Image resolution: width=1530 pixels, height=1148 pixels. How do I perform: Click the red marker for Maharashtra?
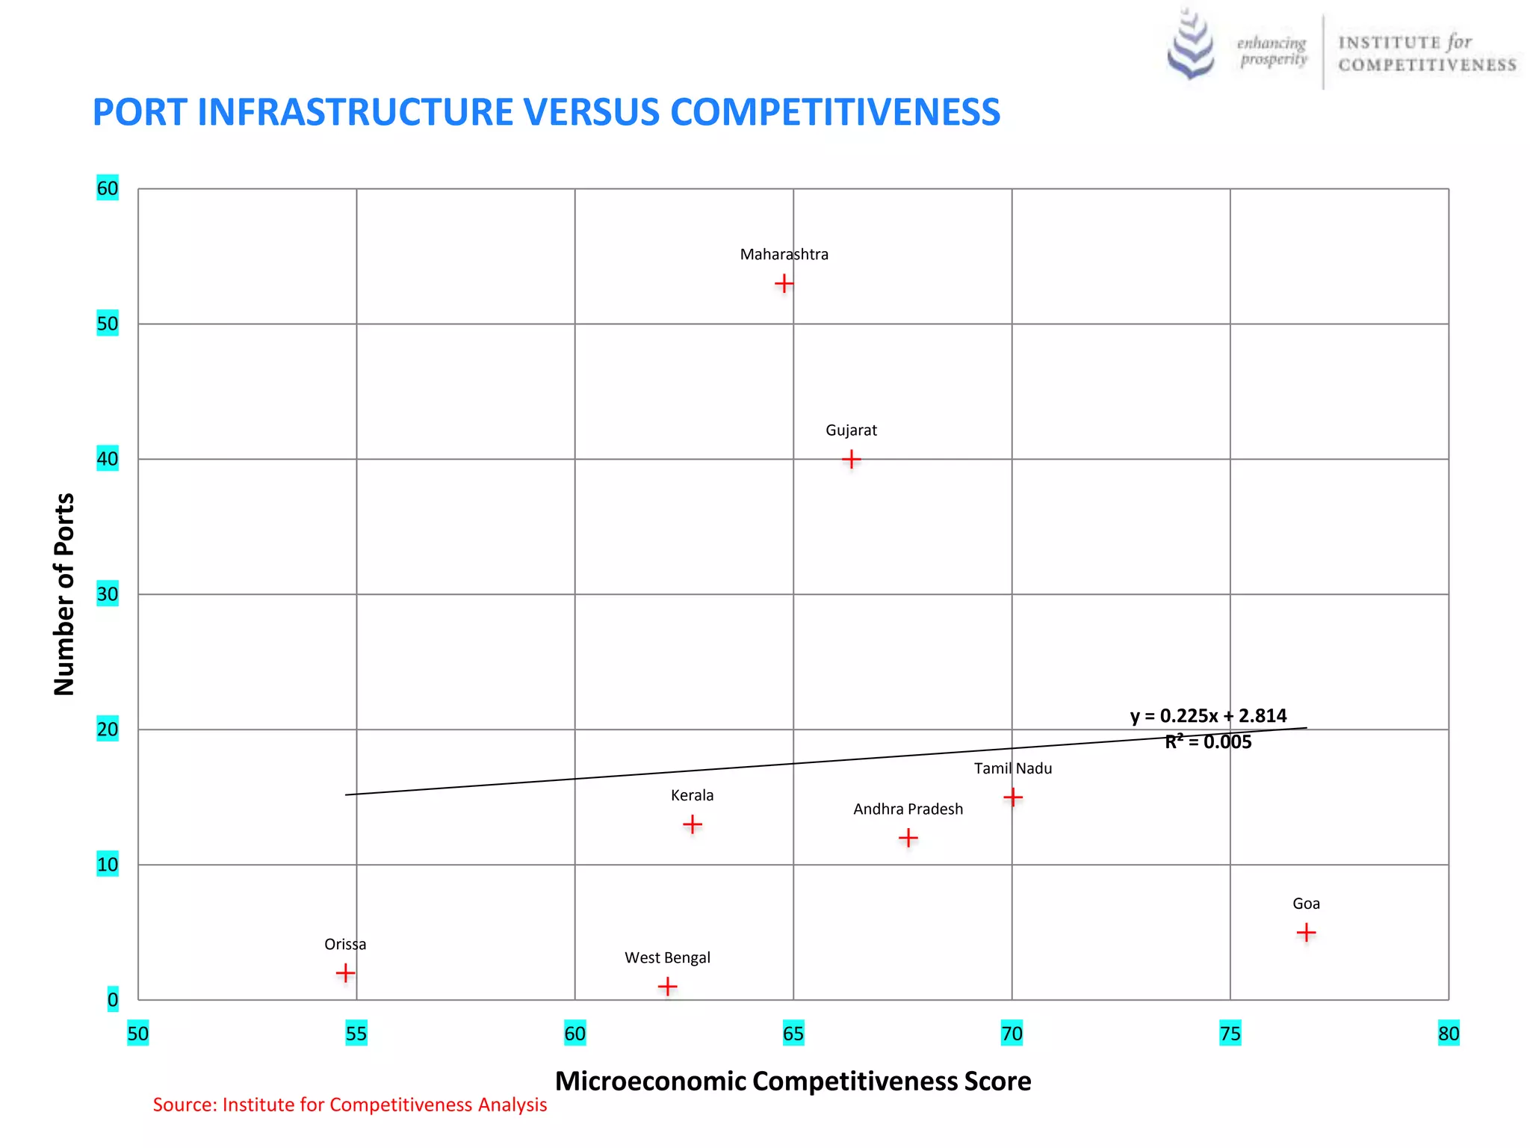tap(784, 283)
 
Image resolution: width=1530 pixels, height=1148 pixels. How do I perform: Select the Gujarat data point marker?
tap(851, 459)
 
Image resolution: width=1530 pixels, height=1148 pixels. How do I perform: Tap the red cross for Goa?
tap(1306, 932)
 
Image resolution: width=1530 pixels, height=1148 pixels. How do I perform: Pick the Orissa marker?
tap(345, 972)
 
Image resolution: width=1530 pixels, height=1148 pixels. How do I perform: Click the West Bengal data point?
tap(667, 987)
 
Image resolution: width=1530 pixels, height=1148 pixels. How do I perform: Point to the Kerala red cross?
tap(693, 824)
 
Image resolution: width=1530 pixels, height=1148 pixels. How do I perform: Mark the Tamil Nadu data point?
tap(1013, 797)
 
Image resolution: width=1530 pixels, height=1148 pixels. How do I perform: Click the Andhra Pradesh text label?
tap(908, 809)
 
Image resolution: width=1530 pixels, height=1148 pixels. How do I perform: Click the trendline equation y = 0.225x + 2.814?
tap(1208, 715)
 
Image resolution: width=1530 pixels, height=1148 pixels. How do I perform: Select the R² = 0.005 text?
tap(1208, 741)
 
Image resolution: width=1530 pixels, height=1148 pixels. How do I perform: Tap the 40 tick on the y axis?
tap(108, 459)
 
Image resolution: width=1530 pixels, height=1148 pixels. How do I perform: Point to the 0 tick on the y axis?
tap(113, 999)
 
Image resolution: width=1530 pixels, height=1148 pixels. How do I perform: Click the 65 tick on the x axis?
tap(793, 1034)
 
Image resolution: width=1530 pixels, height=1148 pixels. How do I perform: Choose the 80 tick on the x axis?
tap(1448, 1034)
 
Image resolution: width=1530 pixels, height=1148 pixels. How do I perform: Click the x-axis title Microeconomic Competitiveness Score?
tap(793, 1081)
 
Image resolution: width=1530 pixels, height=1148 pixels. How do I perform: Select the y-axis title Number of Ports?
tap(65, 594)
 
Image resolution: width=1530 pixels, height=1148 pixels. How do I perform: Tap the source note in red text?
tap(350, 1105)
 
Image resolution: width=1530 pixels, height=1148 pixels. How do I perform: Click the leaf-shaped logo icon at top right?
tap(1191, 45)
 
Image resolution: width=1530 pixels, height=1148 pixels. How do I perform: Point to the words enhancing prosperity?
tap(1272, 51)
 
